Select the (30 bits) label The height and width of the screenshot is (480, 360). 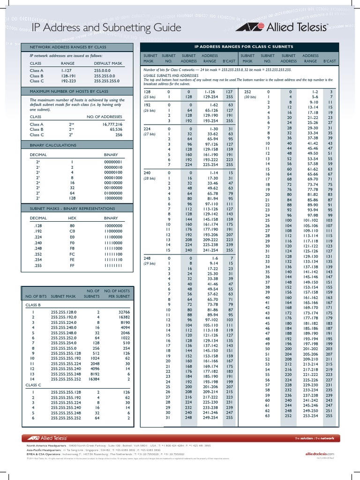pos(251,97)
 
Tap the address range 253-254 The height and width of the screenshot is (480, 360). pos(310,415)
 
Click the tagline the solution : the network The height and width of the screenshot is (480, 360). pos(315,438)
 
